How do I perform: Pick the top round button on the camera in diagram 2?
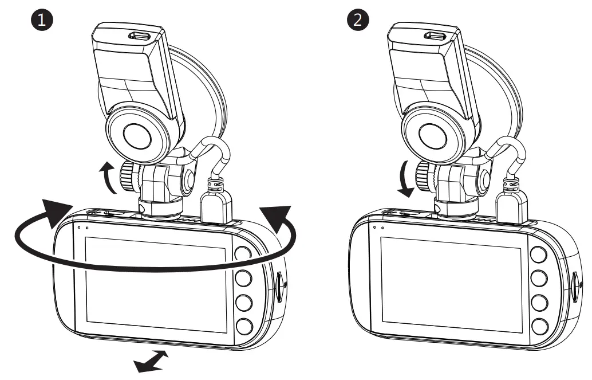coord(539,254)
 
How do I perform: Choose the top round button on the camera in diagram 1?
coord(243,254)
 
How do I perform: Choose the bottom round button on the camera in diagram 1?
coord(243,326)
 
